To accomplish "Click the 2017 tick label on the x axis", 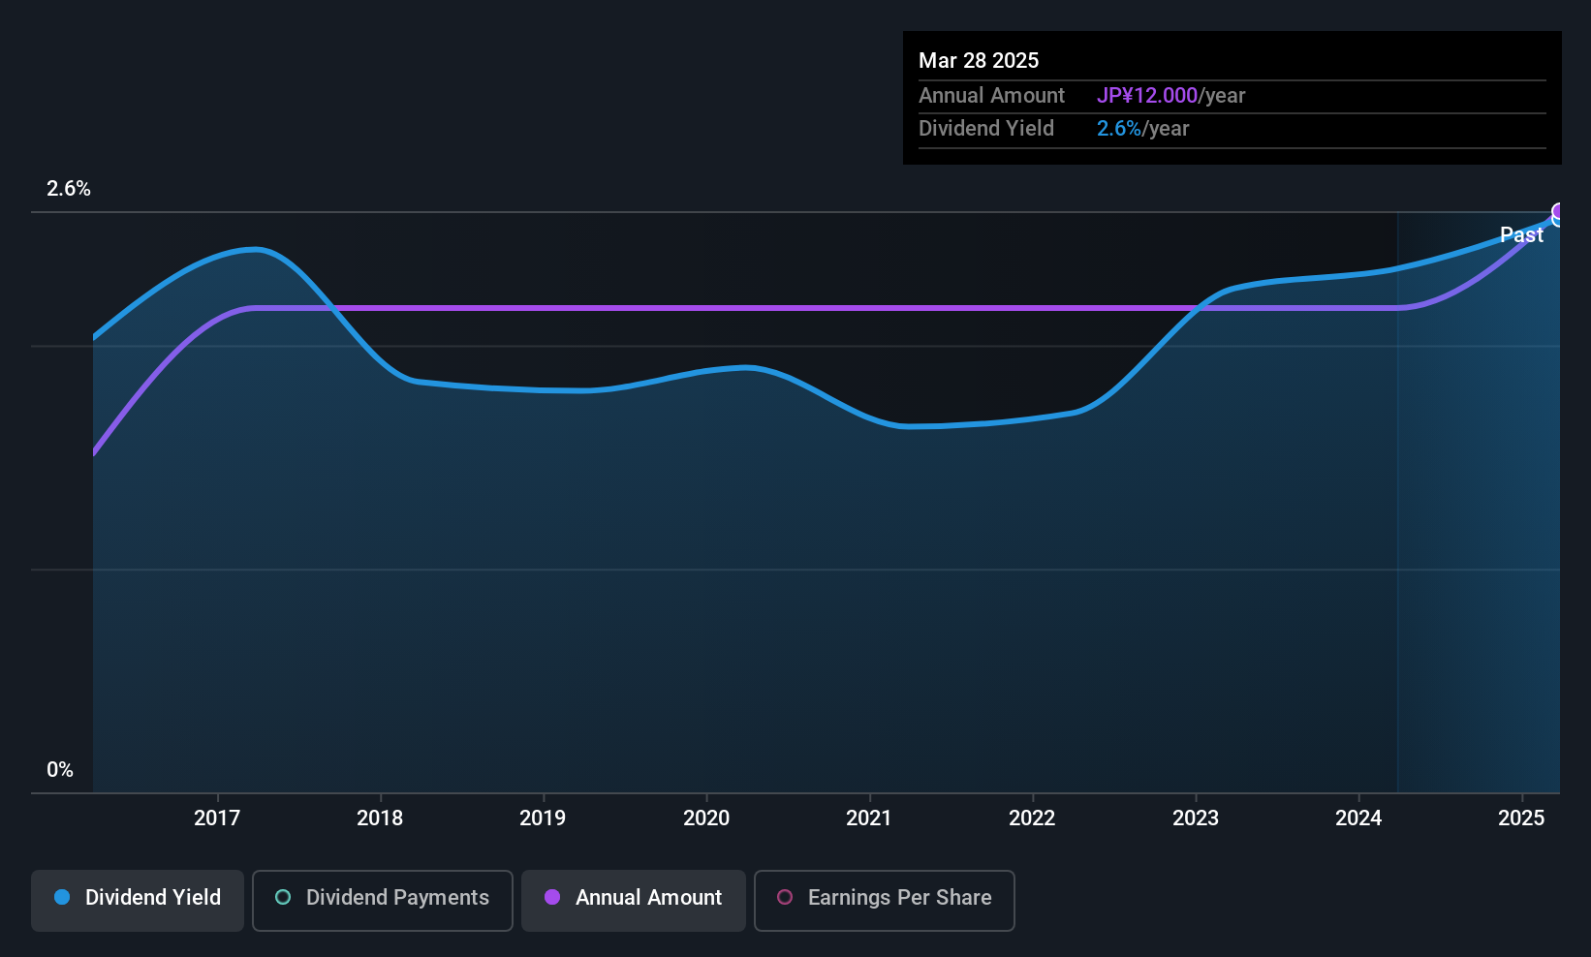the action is pyautogui.click(x=217, y=818).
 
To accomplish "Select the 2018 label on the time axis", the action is pyautogui.click(x=380, y=818).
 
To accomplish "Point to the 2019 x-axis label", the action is pyautogui.click(x=543, y=818).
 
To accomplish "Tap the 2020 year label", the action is pyautogui.click(x=706, y=818).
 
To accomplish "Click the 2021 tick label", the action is pyautogui.click(x=869, y=818).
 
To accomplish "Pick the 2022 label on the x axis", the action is pyautogui.click(x=1032, y=818).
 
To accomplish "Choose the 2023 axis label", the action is pyautogui.click(x=1196, y=818).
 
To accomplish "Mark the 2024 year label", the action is pyautogui.click(x=1358, y=818).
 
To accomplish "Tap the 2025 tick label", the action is pyautogui.click(x=1521, y=818).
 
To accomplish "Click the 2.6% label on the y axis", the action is pyautogui.click(x=69, y=189).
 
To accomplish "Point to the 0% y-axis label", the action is pyautogui.click(x=60, y=770).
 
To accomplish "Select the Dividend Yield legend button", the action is pyautogui.click(x=137, y=900).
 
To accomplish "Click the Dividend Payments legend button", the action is pyautogui.click(x=382, y=900).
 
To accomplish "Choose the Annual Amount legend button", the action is pyautogui.click(x=634, y=900).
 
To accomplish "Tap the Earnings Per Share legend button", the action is pyautogui.click(x=885, y=900).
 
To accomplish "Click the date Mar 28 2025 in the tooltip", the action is pyautogui.click(x=978, y=60).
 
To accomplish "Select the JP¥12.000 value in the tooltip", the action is pyautogui.click(x=1147, y=95).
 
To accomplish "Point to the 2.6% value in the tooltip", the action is pyautogui.click(x=1119, y=129).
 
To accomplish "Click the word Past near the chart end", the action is pyautogui.click(x=1521, y=235).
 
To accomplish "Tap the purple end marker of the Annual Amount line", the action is pyautogui.click(x=1558, y=211).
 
